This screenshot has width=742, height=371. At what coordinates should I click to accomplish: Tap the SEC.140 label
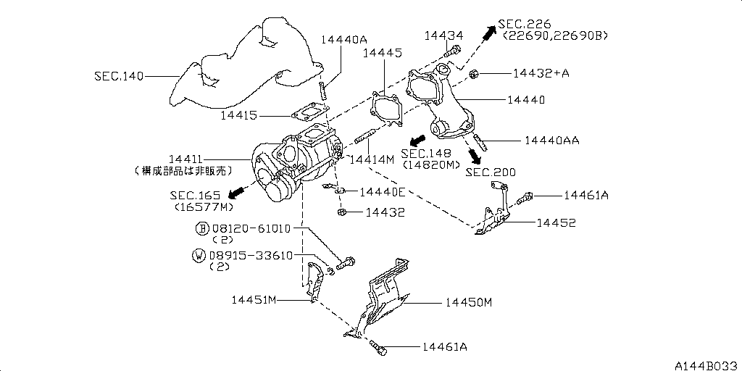pyautogui.click(x=118, y=75)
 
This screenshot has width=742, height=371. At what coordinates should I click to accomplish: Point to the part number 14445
pyautogui.click(x=381, y=52)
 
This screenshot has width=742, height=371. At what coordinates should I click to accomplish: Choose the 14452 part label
pyautogui.click(x=556, y=222)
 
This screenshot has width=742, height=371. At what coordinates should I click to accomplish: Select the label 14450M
pyautogui.click(x=468, y=301)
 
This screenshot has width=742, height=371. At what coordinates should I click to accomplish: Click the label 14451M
pyautogui.click(x=255, y=299)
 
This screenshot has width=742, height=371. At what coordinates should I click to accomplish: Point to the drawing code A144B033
pyautogui.click(x=706, y=364)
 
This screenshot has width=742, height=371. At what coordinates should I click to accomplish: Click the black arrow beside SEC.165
pyautogui.click(x=233, y=193)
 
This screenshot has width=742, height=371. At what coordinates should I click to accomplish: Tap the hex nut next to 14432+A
pyautogui.click(x=474, y=73)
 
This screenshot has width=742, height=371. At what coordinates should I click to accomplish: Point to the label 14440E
pyautogui.click(x=382, y=191)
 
